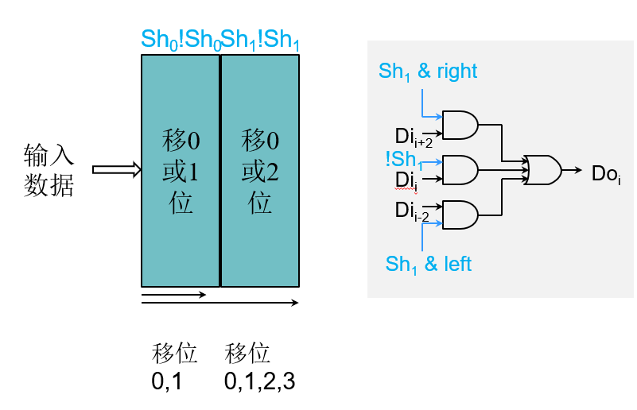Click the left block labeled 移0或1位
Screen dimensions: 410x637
[x=181, y=170]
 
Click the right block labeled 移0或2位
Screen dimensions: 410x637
[x=260, y=170]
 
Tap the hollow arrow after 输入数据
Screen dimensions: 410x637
[x=116, y=169]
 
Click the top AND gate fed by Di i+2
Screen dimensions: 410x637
[x=460, y=124]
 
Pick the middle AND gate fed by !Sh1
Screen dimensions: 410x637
[x=460, y=168]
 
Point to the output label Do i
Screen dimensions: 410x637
[x=606, y=174]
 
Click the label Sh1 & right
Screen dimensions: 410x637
[x=428, y=72]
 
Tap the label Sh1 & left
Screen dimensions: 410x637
[x=428, y=264]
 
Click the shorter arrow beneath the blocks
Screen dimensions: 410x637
[x=173, y=295]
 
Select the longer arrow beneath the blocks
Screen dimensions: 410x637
[x=219, y=303]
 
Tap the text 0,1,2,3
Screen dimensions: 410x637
[x=259, y=381]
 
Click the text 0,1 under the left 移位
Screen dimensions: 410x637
[x=167, y=381]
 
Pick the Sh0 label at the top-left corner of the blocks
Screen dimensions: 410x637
[x=155, y=39]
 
